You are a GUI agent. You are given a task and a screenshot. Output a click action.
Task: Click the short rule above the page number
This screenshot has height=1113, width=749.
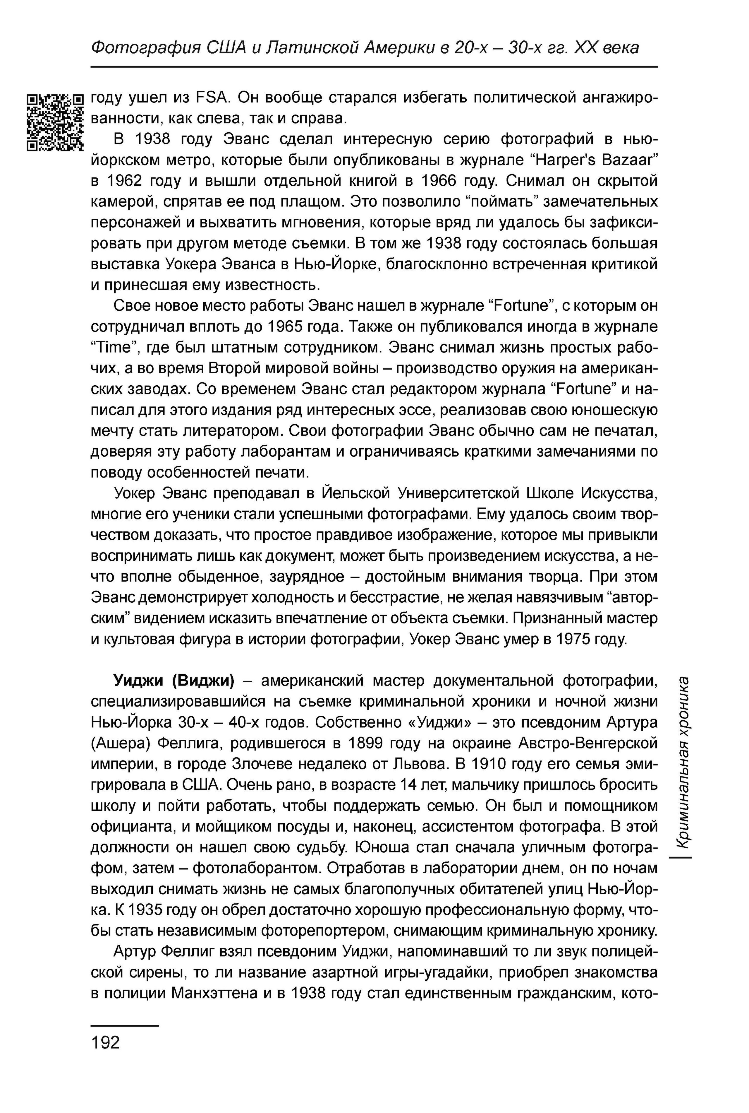tap(124, 1026)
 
